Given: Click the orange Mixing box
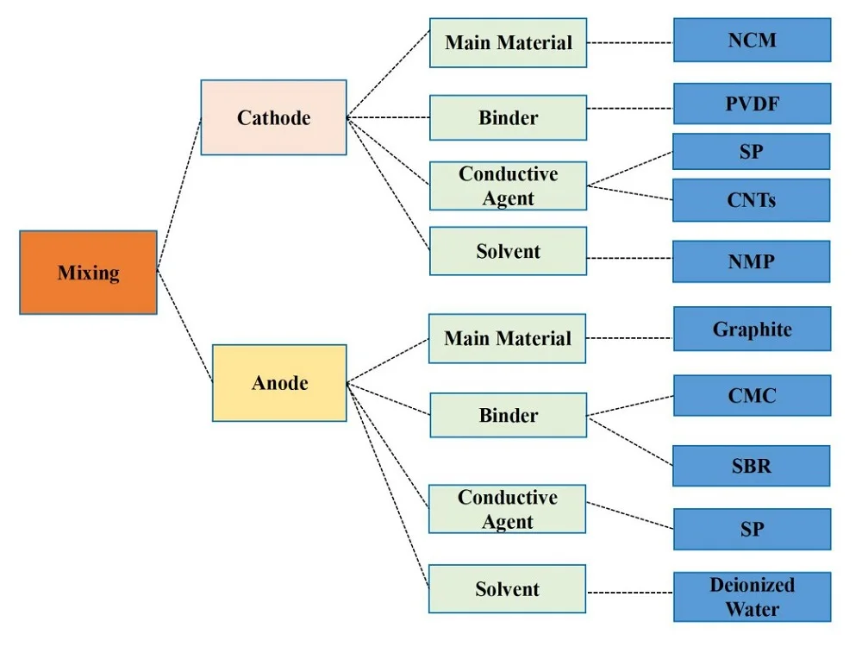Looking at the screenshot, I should click(x=88, y=272).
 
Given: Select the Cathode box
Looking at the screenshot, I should click(x=273, y=117).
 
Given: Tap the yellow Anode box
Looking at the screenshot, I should click(x=279, y=382).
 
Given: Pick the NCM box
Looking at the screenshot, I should click(x=752, y=40).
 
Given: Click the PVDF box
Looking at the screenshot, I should click(x=752, y=104).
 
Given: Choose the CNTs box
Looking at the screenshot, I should click(x=751, y=200).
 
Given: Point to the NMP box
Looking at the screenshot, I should click(x=751, y=261).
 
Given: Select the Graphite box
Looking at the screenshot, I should click(x=752, y=329).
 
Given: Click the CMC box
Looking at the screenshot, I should click(x=752, y=396).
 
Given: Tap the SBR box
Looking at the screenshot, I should click(x=751, y=466).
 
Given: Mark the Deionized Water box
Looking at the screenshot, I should click(x=752, y=596).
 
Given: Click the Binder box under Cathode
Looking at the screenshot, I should click(x=508, y=117).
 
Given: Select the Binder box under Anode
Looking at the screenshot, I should click(x=508, y=415).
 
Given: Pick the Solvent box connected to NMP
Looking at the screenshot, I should click(x=508, y=251).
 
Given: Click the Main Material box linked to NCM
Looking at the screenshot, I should click(x=508, y=42).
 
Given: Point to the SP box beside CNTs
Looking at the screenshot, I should click(x=751, y=151).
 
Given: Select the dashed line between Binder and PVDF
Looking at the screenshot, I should click(x=629, y=110).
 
